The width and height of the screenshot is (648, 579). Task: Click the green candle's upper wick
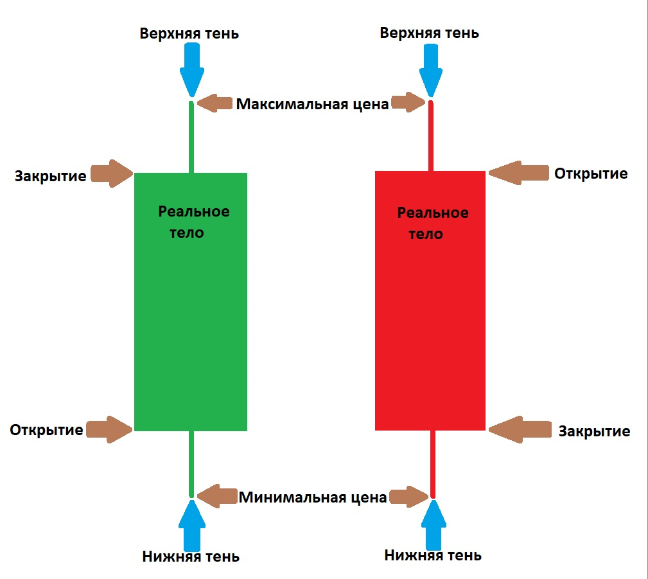pos(191,137)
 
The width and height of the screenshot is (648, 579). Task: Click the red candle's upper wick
pos(431,136)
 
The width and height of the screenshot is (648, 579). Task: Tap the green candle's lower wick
pos(191,464)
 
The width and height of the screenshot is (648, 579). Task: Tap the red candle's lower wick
pos(433,464)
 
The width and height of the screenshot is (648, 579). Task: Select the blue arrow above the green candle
pos(192,69)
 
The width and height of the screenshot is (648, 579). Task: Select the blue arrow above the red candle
pos(431,70)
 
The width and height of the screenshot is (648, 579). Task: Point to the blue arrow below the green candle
pos(192,525)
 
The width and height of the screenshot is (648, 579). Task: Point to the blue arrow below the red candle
pos(433,525)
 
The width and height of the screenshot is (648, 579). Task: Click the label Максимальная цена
pos(312,104)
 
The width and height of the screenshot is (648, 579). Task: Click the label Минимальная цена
pos(313,497)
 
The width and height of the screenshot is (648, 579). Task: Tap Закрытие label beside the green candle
pos(51,176)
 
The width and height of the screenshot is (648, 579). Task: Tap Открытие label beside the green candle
pos(46,430)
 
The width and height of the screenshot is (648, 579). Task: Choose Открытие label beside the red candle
pos(591,174)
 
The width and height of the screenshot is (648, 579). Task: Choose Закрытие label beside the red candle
pos(594,431)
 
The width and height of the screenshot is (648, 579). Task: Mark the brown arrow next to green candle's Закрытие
pos(112,174)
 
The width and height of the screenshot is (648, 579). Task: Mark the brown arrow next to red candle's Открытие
pos(519,172)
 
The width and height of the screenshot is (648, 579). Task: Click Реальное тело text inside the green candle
pos(193,222)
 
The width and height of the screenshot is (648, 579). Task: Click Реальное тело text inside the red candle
pos(433,224)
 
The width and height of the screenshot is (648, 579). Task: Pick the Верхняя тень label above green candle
pos(189,33)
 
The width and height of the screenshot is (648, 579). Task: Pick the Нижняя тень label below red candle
pos(433,555)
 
